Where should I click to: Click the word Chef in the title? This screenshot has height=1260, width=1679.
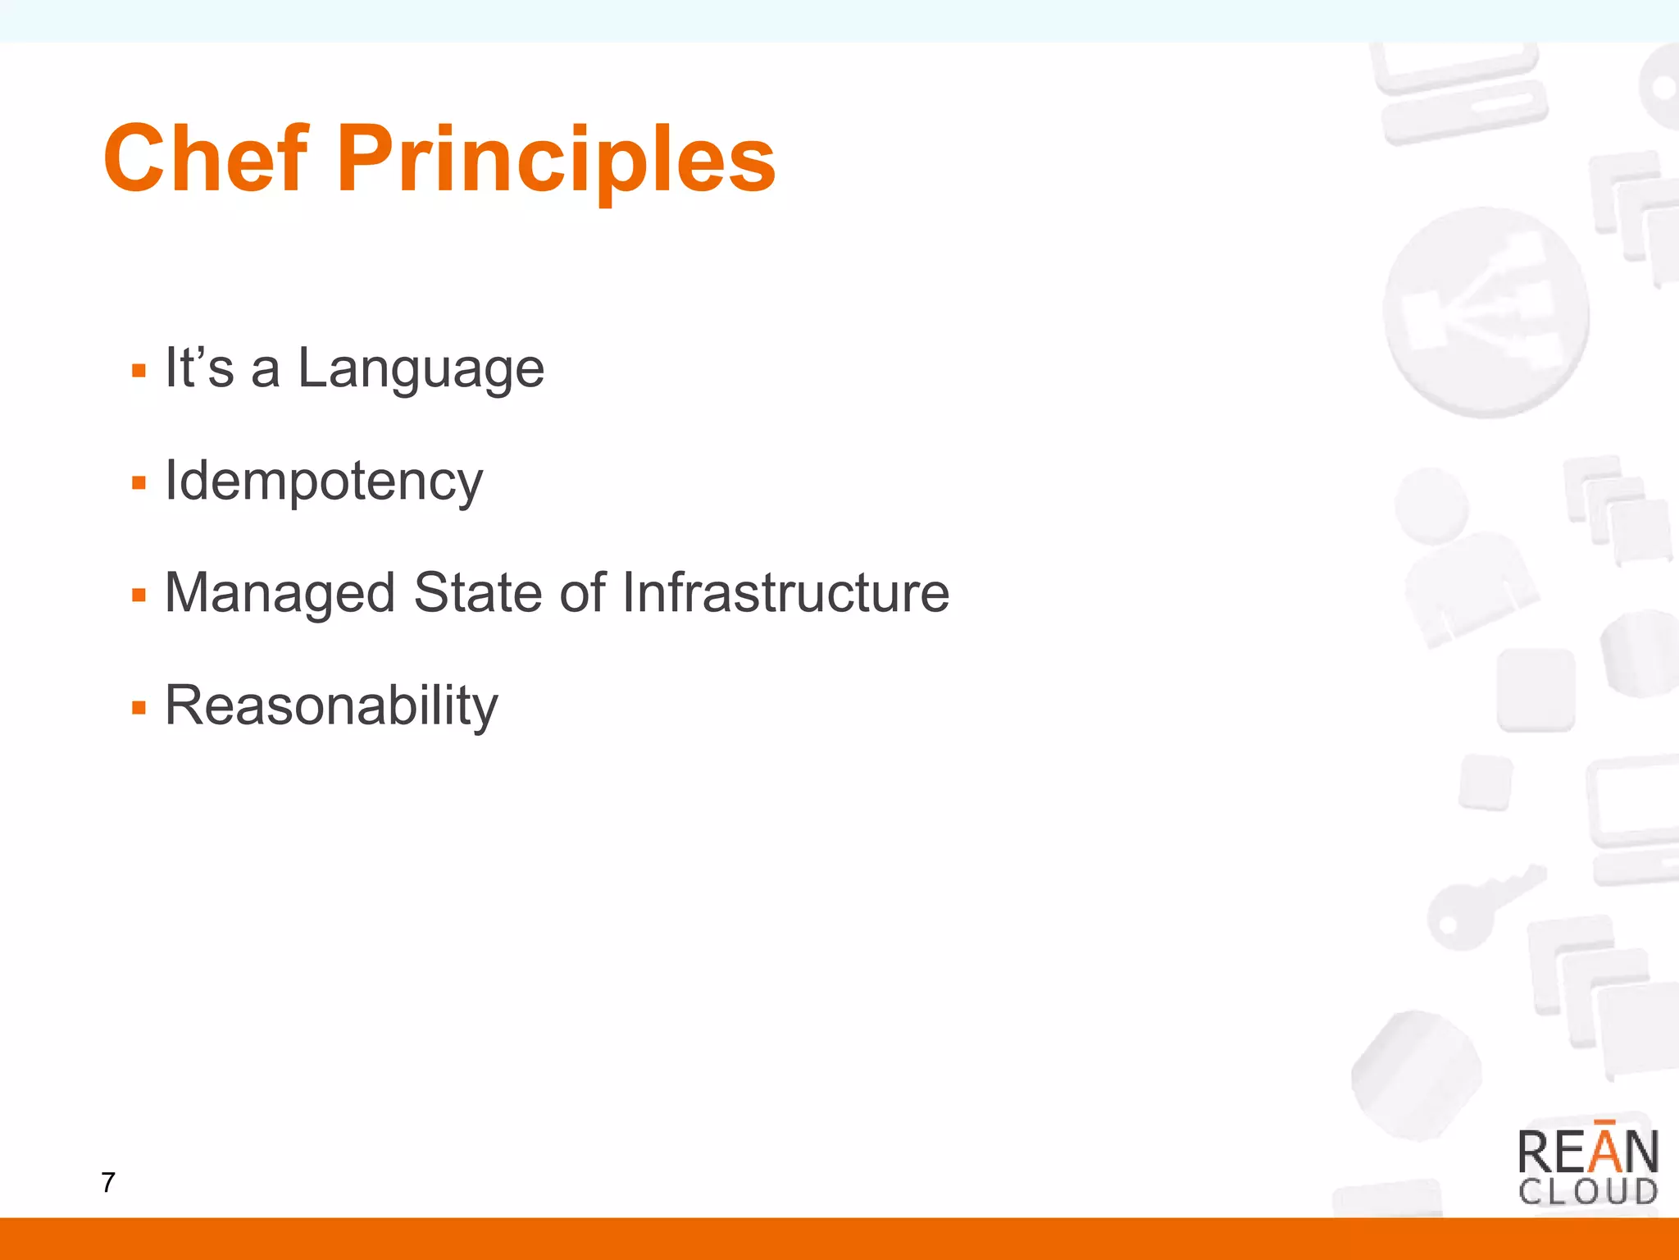coord(205,158)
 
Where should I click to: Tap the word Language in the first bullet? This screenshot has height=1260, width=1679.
coord(421,368)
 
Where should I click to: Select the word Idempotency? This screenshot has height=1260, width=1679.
coord(324,481)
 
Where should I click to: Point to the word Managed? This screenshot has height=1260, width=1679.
coord(280,593)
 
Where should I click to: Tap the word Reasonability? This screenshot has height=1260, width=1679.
coord(331,705)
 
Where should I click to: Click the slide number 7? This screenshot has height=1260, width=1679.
coord(108,1182)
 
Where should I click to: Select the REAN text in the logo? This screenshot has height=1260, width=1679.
coord(1587,1152)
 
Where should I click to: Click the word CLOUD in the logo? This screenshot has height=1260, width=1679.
coord(1587,1192)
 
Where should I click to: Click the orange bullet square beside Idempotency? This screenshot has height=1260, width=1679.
coord(139,483)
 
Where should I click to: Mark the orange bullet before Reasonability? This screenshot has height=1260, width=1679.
coord(139,707)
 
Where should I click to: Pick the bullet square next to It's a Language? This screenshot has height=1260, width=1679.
coord(139,371)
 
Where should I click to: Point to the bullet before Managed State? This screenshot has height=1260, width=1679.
coord(139,595)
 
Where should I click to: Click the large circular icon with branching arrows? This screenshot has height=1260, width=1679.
coord(1486,313)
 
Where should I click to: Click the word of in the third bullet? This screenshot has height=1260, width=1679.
coord(582,592)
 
